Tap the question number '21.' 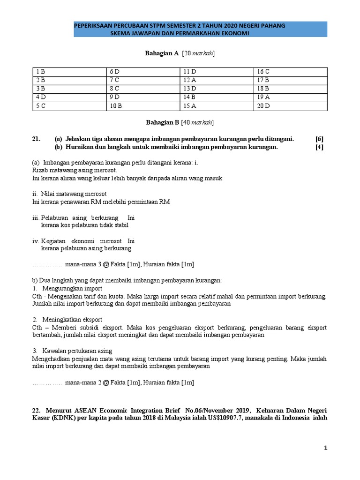[x=37, y=139]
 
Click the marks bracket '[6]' [x=319, y=139]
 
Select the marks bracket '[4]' [x=319, y=147]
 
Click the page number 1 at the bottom [x=325, y=448]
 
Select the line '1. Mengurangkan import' [x=67, y=288]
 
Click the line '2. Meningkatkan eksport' [x=68, y=319]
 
